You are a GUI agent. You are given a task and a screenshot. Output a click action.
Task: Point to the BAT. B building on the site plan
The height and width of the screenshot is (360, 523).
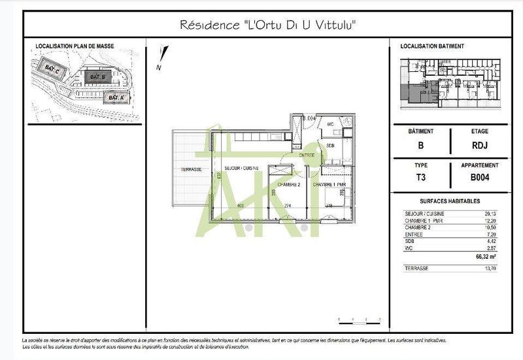point(95,76)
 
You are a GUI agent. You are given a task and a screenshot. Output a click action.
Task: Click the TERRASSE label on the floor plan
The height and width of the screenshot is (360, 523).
point(191,170)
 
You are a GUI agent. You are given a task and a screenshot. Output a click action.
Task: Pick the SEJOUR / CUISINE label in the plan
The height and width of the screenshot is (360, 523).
point(242,169)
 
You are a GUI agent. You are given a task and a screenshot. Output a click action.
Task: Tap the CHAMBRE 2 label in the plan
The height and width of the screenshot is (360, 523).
point(289,185)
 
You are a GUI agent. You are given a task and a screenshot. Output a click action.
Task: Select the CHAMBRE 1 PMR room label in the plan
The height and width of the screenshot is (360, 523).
point(329,185)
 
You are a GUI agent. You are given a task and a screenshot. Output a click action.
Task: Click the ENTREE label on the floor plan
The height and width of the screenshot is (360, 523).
point(307,155)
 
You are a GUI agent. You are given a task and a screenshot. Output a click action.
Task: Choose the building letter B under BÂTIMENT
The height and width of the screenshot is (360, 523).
point(429,146)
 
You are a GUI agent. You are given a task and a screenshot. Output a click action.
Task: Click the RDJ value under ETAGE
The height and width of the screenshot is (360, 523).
point(479,146)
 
